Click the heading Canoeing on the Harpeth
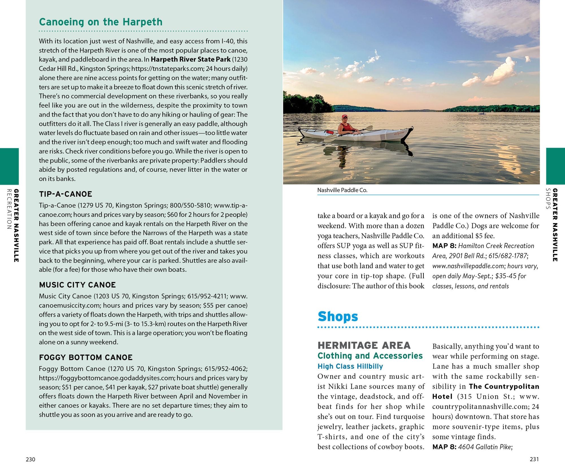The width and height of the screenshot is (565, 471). click(x=101, y=22)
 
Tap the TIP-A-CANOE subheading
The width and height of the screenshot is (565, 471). click(x=66, y=194)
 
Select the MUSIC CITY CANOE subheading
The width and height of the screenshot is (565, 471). click(x=77, y=285)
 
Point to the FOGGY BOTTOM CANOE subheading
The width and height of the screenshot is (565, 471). click(x=86, y=357)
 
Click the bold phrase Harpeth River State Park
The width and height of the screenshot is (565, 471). click(x=191, y=60)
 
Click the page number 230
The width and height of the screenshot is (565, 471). click(x=31, y=459)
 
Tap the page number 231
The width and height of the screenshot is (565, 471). click(x=534, y=459)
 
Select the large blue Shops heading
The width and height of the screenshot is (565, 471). click(x=338, y=316)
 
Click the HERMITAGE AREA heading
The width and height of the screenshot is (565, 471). click(x=364, y=345)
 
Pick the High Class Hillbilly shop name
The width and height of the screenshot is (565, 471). click(x=350, y=366)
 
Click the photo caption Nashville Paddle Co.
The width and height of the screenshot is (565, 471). click(x=342, y=190)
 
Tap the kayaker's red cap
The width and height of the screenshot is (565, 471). click(x=344, y=116)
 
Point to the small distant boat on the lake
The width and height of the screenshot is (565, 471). click(x=482, y=114)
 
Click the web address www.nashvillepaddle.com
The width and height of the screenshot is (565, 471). click(x=468, y=266)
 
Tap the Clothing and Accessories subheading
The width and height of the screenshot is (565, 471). click(x=370, y=356)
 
